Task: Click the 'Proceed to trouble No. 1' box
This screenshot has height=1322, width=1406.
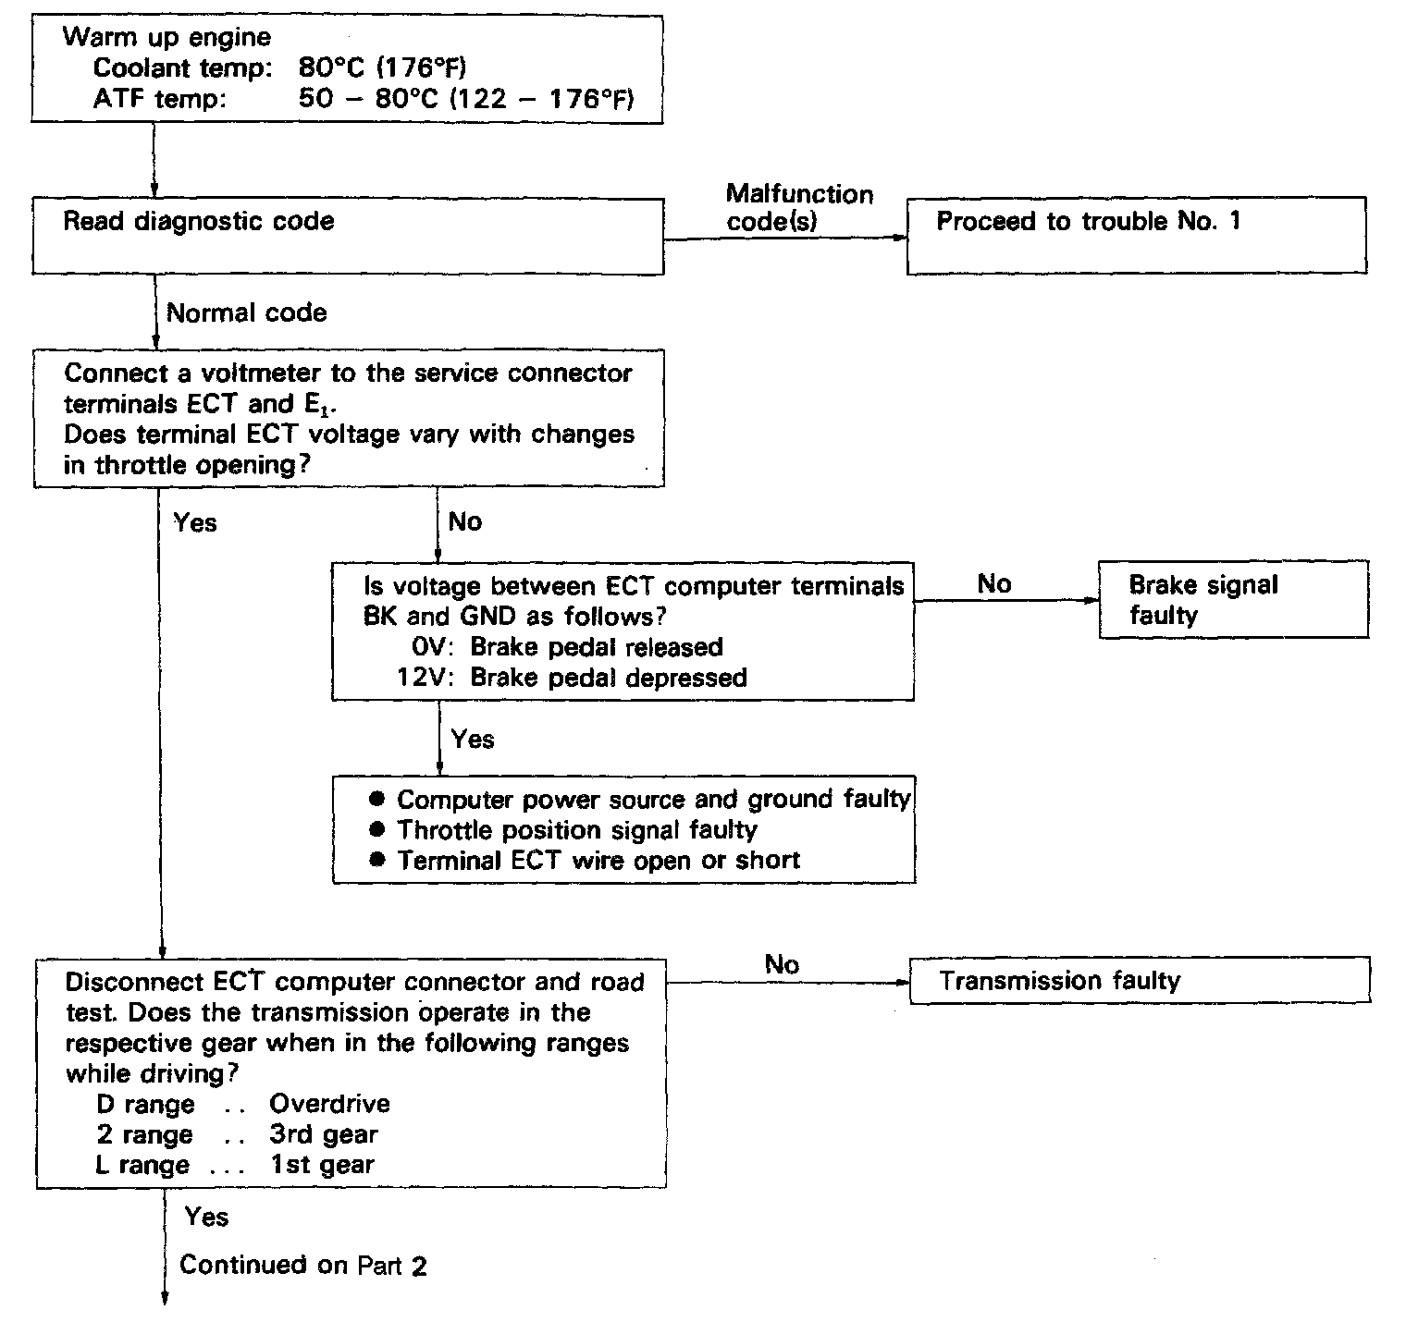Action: coord(1136,235)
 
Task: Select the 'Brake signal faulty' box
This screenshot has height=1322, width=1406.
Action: coord(1233,599)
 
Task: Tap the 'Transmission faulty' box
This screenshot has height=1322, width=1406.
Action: coord(1140,981)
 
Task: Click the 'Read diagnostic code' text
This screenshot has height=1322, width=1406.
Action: coord(198,222)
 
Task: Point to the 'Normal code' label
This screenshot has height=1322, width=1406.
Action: coord(246,312)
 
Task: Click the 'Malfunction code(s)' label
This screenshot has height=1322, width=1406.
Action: coord(799,207)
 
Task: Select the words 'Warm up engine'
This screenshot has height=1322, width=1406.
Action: coord(166,38)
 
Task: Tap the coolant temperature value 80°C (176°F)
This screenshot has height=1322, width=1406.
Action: coord(382,68)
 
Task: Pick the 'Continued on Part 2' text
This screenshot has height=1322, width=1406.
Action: coord(303,1265)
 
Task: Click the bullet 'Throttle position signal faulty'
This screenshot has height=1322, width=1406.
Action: coord(576,830)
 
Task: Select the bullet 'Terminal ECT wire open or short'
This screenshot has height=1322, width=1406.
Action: coord(598,861)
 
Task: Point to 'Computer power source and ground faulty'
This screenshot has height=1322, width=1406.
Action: coord(653,799)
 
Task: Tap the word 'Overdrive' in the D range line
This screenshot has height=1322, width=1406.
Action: coord(329,1104)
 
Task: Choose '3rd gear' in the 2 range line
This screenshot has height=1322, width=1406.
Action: coord(324,1134)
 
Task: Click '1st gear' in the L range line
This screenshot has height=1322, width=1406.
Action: coord(323,1165)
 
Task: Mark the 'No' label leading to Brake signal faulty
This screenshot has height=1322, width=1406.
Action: coord(994,584)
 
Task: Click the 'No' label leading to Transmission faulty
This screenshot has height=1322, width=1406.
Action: coord(782,964)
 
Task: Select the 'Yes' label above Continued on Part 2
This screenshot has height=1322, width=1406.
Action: coord(206,1217)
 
